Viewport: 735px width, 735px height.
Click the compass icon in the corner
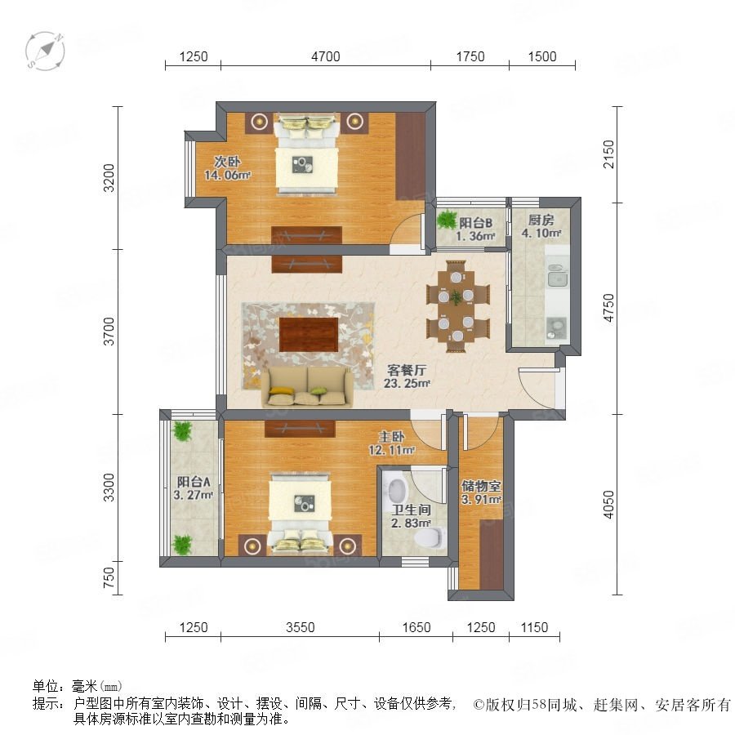[45, 51]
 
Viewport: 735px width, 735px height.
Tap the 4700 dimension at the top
[326, 56]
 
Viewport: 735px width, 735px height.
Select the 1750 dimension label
[470, 56]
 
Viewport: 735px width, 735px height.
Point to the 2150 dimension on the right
[608, 154]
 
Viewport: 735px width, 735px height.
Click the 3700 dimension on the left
[109, 332]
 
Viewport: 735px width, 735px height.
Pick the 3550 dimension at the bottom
[300, 627]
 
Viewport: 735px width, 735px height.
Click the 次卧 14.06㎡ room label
[227, 168]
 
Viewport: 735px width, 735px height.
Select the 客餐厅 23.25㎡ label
[407, 376]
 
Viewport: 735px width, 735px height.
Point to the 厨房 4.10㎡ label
[541, 226]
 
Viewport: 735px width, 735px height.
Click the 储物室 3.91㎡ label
[481, 492]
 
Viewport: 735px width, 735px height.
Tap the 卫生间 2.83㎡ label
[411, 516]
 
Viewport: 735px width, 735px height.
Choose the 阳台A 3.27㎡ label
[193, 488]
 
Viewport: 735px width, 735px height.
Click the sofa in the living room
[307, 387]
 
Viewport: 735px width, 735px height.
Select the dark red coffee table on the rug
[309, 334]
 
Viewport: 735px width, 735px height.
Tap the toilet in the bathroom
[430, 537]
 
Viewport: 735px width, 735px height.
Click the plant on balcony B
[447, 220]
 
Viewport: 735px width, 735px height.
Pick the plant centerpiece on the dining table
[456, 297]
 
